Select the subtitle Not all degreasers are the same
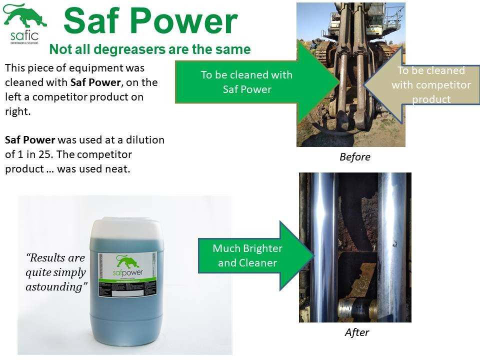pyautogui.click(x=149, y=49)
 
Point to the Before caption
pyautogui.click(x=354, y=157)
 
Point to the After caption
pyautogui.click(x=356, y=332)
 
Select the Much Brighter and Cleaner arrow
pyautogui.click(x=247, y=255)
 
